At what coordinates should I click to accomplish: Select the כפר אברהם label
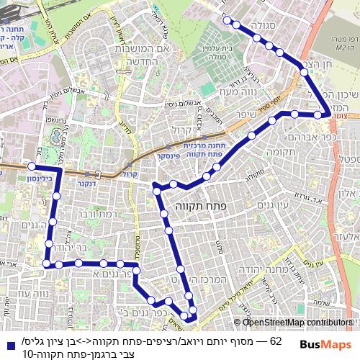[x=288, y=136]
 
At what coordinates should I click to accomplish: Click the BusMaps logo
[x=323, y=344]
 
